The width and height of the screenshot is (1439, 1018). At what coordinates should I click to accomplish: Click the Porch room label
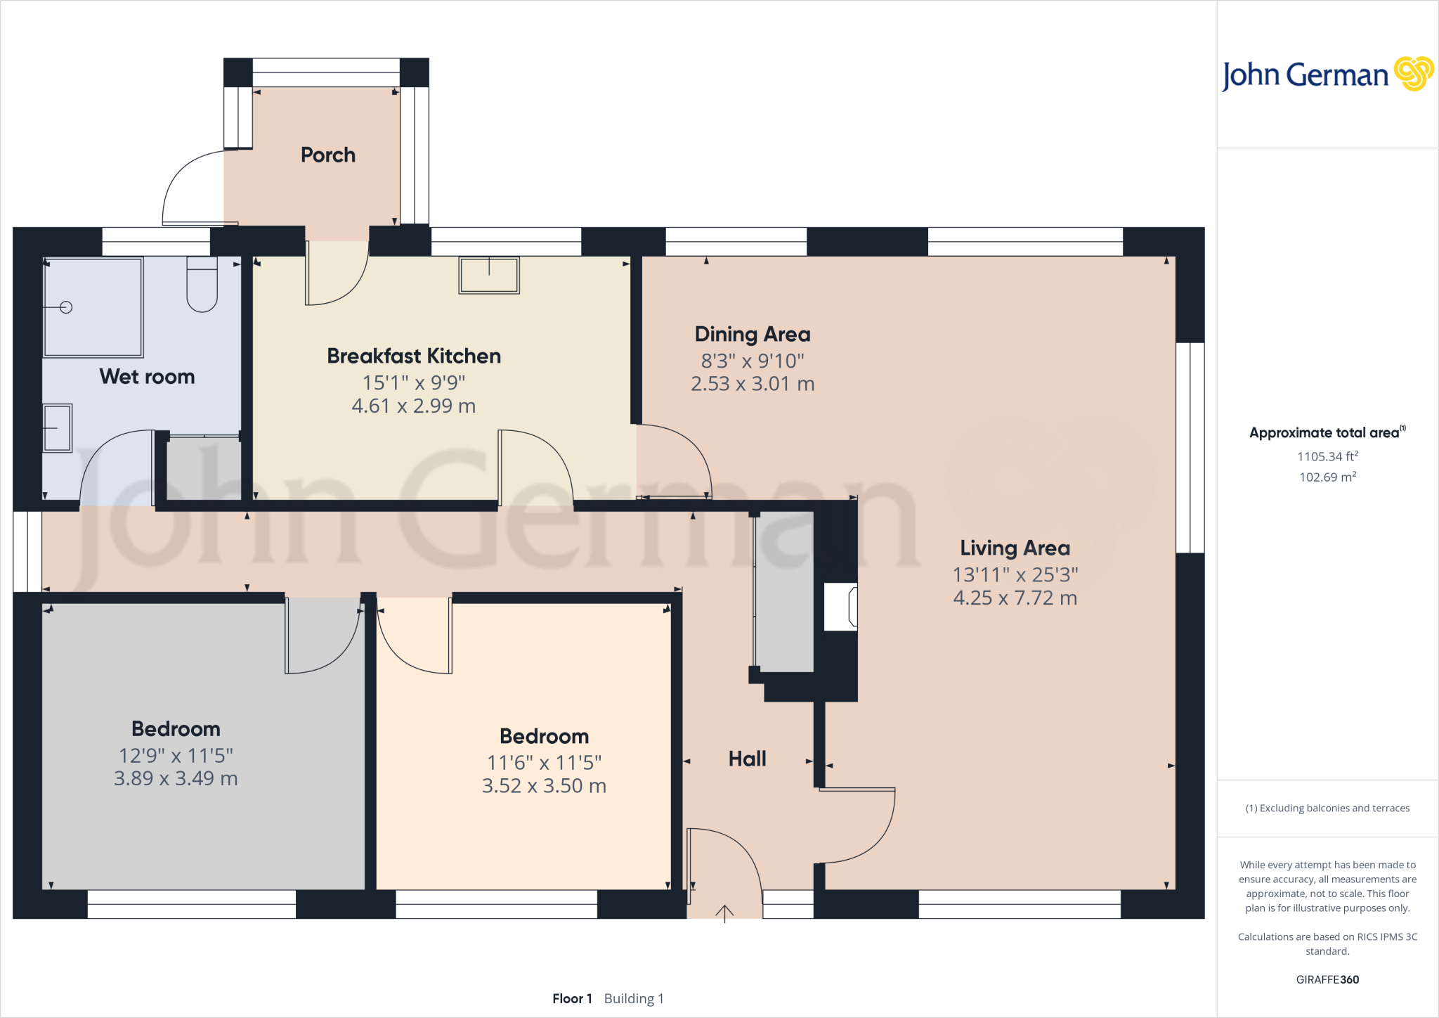point(327,155)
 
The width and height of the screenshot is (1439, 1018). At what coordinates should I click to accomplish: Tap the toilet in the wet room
point(202,285)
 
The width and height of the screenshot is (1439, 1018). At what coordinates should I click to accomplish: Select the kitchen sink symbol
point(489,275)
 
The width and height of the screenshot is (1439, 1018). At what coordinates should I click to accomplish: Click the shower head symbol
point(66,307)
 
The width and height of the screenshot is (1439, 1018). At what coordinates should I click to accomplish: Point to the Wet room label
point(147,377)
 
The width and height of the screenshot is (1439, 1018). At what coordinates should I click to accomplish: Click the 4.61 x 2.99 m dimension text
point(413,406)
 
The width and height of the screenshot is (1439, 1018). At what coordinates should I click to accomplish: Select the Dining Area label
point(752,335)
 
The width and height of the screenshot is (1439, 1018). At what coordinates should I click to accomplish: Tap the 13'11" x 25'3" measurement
point(1015,575)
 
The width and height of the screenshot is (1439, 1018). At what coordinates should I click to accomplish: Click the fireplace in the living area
point(841,607)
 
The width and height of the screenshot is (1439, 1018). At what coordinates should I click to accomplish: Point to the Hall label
point(747,759)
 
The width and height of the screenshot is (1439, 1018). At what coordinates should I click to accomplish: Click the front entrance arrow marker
point(724,913)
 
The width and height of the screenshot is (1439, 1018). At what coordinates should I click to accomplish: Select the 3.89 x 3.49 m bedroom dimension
point(176,779)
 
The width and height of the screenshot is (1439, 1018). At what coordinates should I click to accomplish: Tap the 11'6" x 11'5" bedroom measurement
point(544,763)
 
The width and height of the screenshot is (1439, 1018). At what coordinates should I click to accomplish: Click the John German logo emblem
point(1414,74)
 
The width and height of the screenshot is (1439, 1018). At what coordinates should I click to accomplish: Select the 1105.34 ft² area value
point(1327,456)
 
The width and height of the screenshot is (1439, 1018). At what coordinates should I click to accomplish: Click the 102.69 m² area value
point(1327,477)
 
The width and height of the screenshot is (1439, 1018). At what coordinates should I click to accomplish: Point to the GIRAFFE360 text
point(1327,979)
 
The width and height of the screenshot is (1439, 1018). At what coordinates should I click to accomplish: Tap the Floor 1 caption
point(572,998)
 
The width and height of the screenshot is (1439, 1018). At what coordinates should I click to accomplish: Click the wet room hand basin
point(58,427)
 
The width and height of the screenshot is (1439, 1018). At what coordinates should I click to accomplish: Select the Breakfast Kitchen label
point(413,356)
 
